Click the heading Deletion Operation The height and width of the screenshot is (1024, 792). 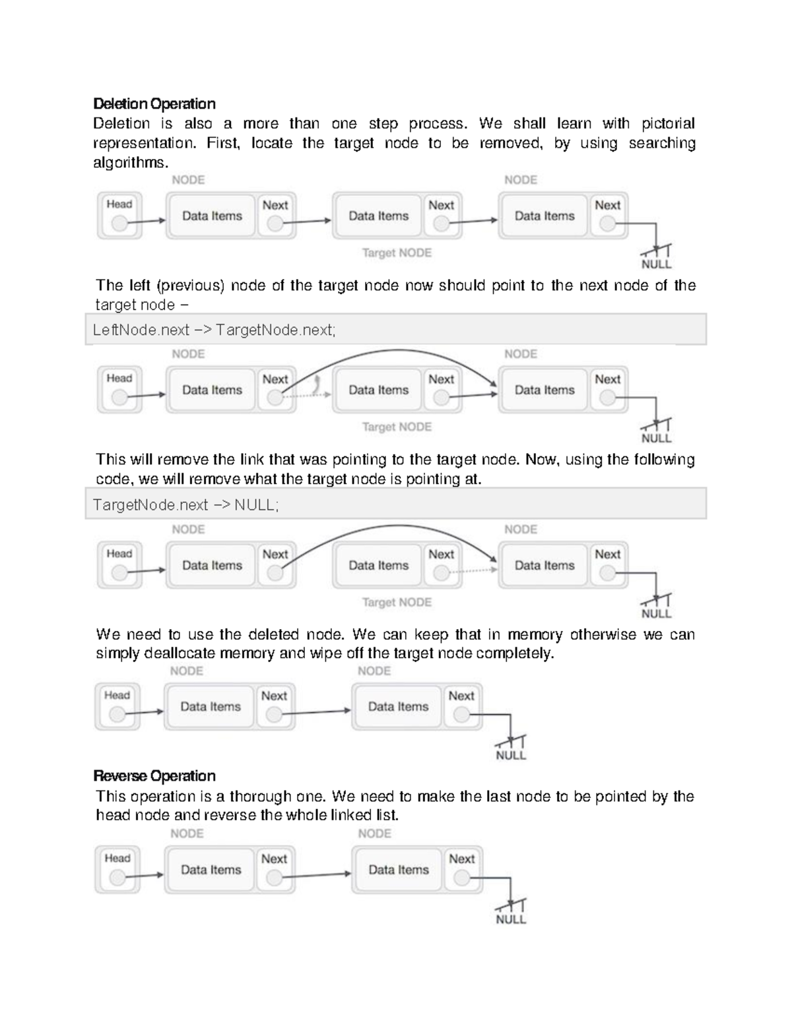pyautogui.click(x=154, y=104)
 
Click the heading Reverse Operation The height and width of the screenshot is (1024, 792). pyautogui.click(x=154, y=775)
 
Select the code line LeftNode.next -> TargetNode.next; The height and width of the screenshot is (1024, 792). pyautogui.click(x=214, y=330)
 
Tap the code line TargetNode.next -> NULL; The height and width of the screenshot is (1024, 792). pyautogui.click(x=186, y=505)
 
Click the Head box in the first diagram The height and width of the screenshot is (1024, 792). pyautogui.click(x=119, y=215)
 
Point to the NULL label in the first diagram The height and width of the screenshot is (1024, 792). pyautogui.click(x=656, y=264)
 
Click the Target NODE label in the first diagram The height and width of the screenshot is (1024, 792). pyautogui.click(x=397, y=253)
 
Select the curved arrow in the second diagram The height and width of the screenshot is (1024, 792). pyautogui.click(x=396, y=351)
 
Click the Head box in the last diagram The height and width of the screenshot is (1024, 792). pyautogui.click(x=117, y=869)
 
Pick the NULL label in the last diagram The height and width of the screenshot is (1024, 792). pyautogui.click(x=510, y=919)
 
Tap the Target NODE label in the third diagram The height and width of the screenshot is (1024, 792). pyautogui.click(x=397, y=602)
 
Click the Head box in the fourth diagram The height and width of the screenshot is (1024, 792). pyautogui.click(x=117, y=706)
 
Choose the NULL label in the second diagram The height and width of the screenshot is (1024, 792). pyautogui.click(x=656, y=438)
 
